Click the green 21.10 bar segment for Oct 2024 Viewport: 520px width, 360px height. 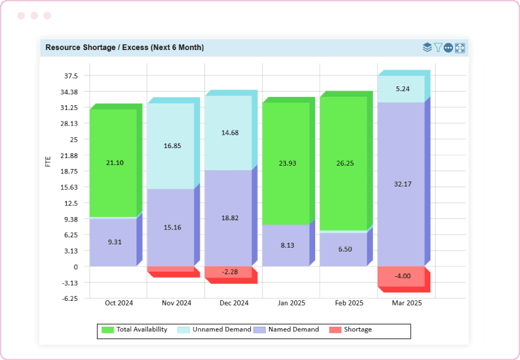[x=113, y=162]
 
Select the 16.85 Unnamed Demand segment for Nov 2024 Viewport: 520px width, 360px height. [x=170, y=146]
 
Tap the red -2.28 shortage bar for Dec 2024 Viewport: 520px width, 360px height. [x=228, y=272]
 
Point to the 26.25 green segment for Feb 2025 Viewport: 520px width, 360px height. [x=343, y=164]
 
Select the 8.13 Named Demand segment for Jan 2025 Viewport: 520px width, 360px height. [x=285, y=246]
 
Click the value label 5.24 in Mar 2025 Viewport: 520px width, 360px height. [x=402, y=89]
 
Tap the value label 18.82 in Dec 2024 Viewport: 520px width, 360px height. [x=229, y=218]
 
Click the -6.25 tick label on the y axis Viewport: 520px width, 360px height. [x=68, y=298]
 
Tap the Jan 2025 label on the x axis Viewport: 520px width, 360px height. [x=291, y=303]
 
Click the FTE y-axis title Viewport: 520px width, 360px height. [x=48, y=162]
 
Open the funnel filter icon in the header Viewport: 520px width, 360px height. [x=438, y=47]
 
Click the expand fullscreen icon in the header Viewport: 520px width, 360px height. [x=460, y=47]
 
